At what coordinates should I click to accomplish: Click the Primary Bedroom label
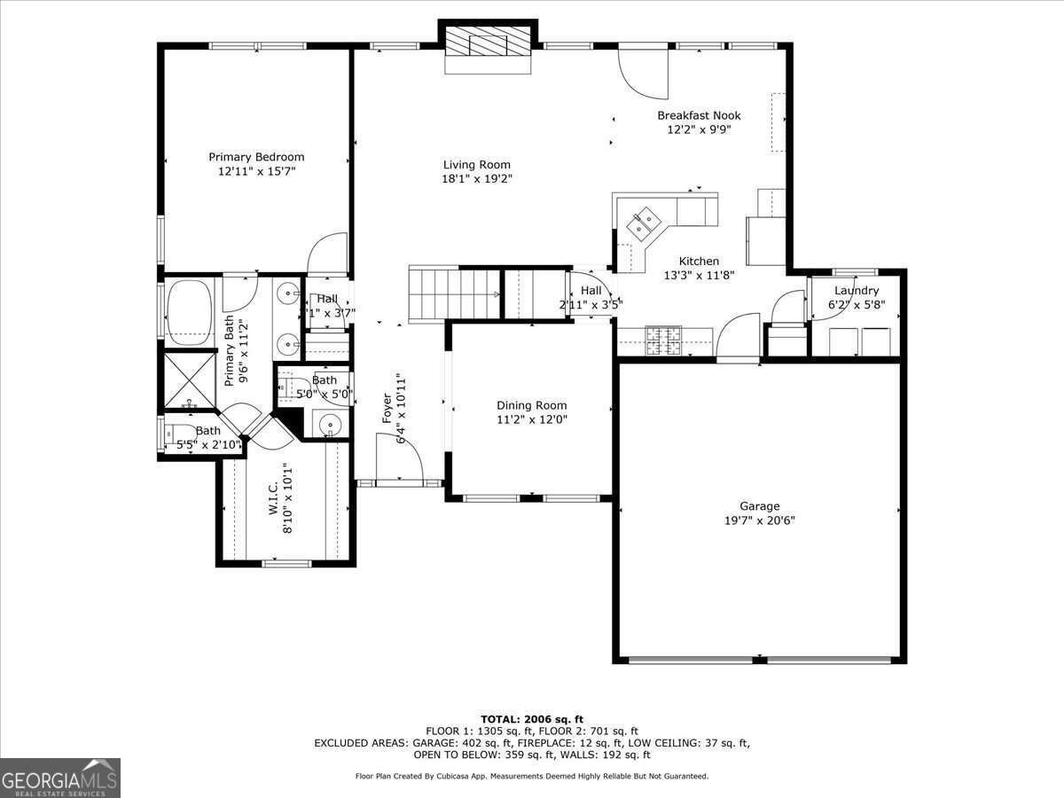(256, 157)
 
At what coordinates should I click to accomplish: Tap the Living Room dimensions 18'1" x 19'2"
(477, 178)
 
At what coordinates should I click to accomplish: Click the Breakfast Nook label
(699, 115)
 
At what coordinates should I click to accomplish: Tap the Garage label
(760, 506)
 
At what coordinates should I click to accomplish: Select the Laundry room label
(857, 291)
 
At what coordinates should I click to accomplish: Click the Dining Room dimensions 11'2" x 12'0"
(531, 420)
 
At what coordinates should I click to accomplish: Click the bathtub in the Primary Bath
(189, 311)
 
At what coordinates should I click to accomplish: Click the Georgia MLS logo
(60, 778)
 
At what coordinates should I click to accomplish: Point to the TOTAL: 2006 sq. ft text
(531, 719)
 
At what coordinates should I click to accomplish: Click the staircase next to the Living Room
(454, 293)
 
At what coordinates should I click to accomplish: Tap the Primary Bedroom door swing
(328, 254)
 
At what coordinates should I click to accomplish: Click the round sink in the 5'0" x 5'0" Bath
(331, 426)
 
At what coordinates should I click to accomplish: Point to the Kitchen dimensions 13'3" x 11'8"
(699, 275)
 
